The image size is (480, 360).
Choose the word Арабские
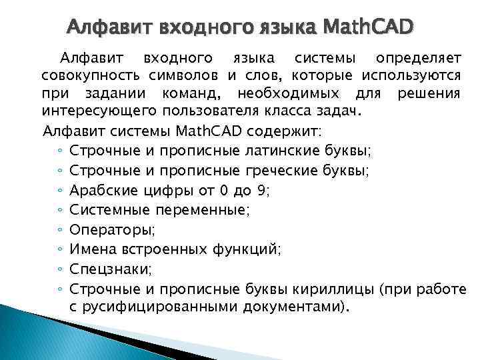(x=104, y=191)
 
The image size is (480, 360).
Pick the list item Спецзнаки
(x=110, y=270)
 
